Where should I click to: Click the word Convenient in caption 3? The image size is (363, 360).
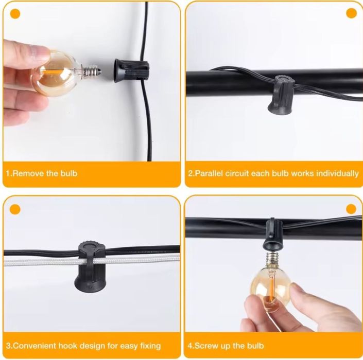34,346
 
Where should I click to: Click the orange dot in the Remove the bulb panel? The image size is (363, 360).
15,14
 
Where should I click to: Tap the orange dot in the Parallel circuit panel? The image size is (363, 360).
352,13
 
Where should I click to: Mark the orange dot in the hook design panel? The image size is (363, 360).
15,209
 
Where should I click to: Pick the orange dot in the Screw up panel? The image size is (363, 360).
351,209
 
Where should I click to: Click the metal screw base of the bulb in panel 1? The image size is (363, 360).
92,71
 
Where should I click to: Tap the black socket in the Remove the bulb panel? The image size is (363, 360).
131,70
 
